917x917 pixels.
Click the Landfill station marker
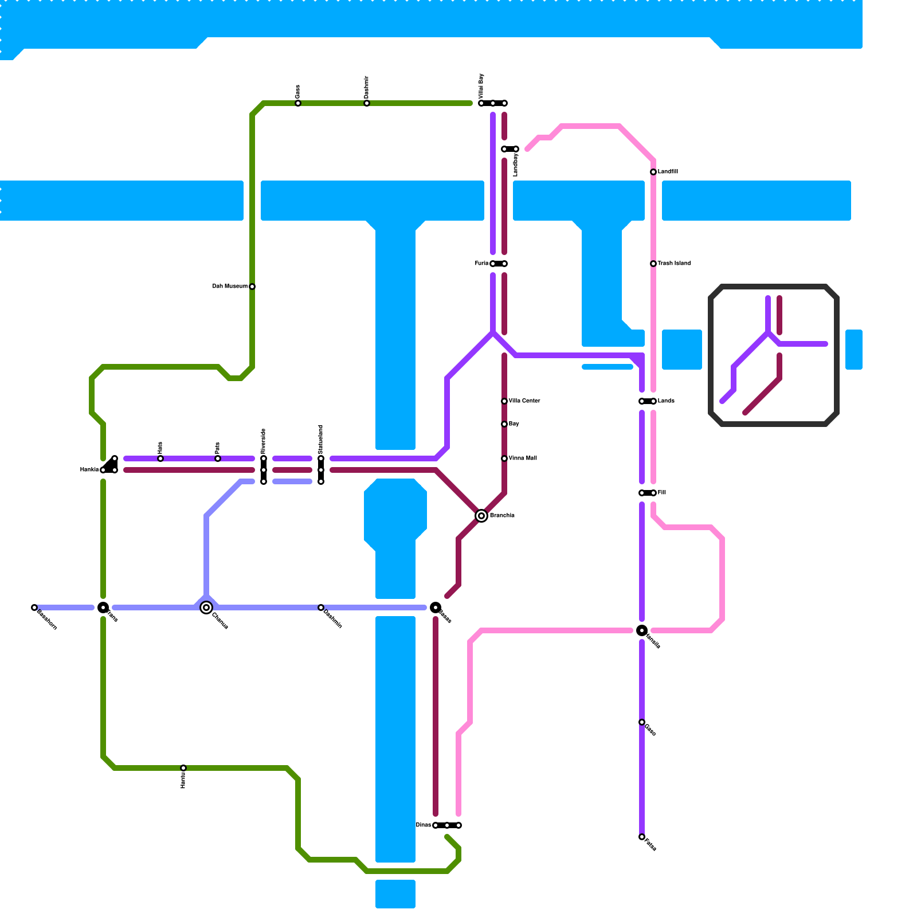click(653, 172)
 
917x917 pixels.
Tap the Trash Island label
click(674, 264)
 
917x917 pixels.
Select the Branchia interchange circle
click(481, 516)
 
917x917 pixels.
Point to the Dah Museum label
click(230, 287)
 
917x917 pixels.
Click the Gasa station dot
click(298, 103)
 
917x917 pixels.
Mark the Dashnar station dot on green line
click(367, 103)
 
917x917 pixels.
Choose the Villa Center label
click(524, 401)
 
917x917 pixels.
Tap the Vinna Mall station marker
click(504, 458)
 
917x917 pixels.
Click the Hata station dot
click(160, 458)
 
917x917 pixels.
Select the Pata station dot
click(218, 458)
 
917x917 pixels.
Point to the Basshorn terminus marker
click(34, 608)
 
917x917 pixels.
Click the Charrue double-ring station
click(206, 608)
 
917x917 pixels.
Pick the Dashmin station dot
click(321, 608)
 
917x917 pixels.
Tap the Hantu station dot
click(183, 768)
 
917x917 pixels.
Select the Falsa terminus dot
click(642, 837)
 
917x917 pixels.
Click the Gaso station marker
click(642, 722)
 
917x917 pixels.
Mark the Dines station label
click(424, 825)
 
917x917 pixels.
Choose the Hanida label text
click(89, 470)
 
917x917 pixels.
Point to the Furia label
click(481, 264)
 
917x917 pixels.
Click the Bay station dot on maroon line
click(504, 424)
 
